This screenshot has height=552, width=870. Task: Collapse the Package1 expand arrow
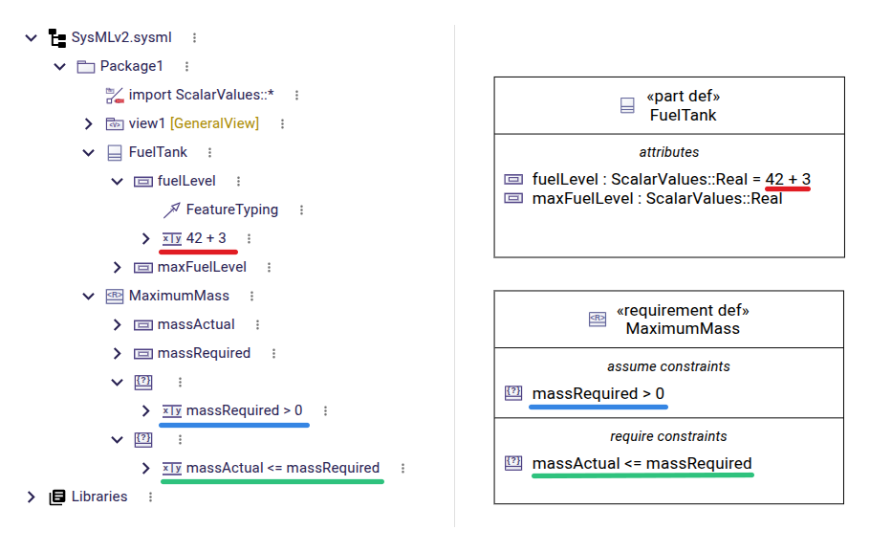pyautogui.click(x=60, y=66)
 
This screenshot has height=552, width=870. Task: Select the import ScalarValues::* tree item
pyautogui.click(x=201, y=95)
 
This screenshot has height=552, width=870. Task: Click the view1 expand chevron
pyautogui.click(x=89, y=123)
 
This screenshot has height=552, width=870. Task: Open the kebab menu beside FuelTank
pyautogui.click(x=209, y=152)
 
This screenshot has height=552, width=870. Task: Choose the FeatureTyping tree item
pyautogui.click(x=231, y=210)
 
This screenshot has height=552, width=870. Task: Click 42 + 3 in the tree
pyautogui.click(x=206, y=238)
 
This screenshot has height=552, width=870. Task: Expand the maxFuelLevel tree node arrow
pyautogui.click(x=118, y=267)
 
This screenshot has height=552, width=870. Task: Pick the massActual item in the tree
pyautogui.click(x=196, y=324)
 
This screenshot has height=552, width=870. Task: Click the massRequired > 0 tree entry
pyautogui.click(x=244, y=410)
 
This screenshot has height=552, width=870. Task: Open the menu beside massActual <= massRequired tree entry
pyautogui.click(x=402, y=468)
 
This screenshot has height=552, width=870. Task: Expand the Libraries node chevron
pyautogui.click(x=32, y=497)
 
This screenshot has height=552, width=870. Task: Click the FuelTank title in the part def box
pyautogui.click(x=683, y=115)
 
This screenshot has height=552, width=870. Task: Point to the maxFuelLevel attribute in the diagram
pyautogui.click(x=656, y=198)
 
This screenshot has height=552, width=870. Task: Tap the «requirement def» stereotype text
pyautogui.click(x=683, y=311)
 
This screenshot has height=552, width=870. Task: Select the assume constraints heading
pyautogui.click(x=668, y=365)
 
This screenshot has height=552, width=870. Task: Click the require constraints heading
pyautogui.click(x=668, y=436)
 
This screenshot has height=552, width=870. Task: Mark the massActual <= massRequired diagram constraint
pyautogui.click(x=642, y=463)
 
